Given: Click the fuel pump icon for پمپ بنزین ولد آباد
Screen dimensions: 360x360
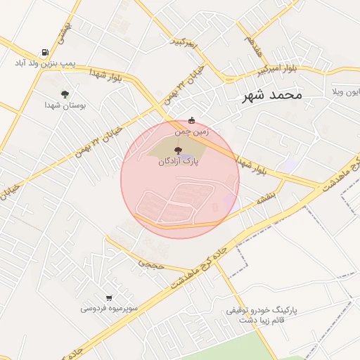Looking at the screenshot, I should click(45, 51).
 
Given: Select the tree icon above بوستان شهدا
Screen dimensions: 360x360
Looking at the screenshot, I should click(65, 94).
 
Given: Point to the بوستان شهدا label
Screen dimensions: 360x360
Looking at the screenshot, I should click(65, 105).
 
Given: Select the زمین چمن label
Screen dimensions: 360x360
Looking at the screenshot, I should click(193, 131).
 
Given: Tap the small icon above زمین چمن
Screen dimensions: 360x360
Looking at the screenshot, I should click(191, 119).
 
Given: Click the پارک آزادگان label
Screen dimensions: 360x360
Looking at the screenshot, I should click(179, 161).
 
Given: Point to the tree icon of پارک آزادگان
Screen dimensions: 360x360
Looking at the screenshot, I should click(178, 149).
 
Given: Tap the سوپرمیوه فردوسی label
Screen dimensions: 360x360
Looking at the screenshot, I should click(108, 308).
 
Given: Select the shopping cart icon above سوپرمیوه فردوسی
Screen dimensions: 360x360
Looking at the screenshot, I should click(108, 297).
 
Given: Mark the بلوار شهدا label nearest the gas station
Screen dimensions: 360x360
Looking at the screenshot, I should click(106, 75).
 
